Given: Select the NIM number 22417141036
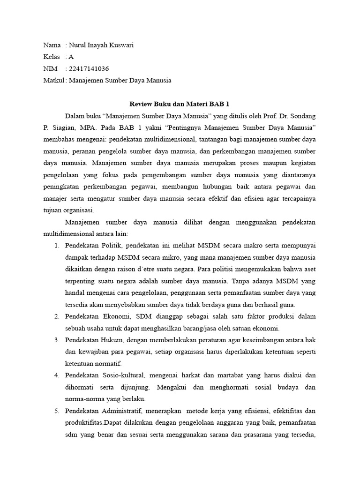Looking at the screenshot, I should coord(92,68).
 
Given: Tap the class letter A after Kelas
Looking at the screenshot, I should coord(71,57).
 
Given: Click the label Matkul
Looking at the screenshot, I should coord(53,80).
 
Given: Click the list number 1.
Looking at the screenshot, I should coord(56,246).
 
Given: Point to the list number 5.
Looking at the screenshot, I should coord(56,411).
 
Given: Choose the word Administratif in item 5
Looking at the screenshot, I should coord(122,411).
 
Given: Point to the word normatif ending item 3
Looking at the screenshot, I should coord(107,364).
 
